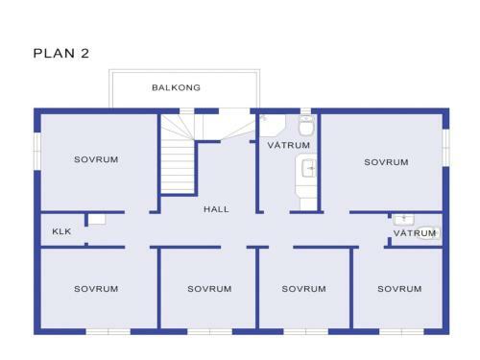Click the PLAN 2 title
(61, 53)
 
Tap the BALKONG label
(176, 87)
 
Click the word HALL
(216, 209)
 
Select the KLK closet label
(61, 231)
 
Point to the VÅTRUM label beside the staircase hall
(289, 145)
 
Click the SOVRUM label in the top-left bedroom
(96, 159)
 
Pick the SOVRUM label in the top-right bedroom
(386, 162)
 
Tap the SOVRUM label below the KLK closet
(96, 289)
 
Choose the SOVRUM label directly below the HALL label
(209, 289)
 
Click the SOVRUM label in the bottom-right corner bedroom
(399, 289)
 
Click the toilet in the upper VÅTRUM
(306, 125)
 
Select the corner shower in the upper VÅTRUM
(272, 126)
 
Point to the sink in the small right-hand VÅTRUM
(404, 220)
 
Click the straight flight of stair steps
(177, 166)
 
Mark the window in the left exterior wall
(37, 151)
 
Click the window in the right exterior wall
(445, 148)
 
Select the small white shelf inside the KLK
(97, 219)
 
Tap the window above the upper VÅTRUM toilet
(305, 111)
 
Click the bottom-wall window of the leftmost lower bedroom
(108, 331)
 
